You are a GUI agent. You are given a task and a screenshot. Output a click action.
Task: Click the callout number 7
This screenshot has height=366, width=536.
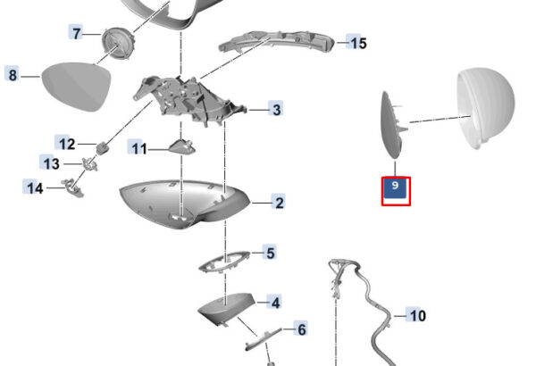click(76, 33)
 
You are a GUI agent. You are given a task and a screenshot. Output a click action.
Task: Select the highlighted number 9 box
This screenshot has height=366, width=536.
click(396, 191)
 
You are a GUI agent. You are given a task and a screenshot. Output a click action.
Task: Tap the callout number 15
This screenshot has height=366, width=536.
click(356, 43)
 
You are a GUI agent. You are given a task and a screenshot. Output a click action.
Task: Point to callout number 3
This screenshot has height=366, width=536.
click(276, 110)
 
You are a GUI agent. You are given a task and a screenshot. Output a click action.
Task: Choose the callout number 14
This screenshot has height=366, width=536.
click(34, 187)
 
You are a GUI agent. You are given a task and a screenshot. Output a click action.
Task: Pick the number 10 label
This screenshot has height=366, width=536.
click(416, 315)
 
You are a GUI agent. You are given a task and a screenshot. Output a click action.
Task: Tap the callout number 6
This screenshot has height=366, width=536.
click(301, 329)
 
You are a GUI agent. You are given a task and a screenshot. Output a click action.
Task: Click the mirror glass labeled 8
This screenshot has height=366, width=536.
click(76, 86)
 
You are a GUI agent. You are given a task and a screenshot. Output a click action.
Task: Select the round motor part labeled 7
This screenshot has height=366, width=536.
click(118, 44)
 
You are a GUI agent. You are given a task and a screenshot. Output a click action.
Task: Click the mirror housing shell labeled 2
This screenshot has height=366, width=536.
click(184, 204)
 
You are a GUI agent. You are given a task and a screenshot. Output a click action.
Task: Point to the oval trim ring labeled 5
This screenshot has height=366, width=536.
click(224, 262)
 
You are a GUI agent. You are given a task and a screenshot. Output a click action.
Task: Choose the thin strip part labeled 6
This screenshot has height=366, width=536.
click(263, 339)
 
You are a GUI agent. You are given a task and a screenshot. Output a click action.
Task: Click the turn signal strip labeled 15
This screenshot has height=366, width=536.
click(277, 42)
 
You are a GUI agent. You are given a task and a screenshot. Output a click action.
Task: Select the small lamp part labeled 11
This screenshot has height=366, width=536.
click(182, 146)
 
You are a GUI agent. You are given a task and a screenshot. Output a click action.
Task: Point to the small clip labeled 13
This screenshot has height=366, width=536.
click(90, 163)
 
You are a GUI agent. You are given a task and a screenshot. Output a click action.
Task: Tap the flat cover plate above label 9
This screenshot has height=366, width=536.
click(392, 125)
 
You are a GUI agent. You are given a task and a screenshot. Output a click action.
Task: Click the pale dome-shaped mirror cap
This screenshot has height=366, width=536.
click(485, 109)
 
